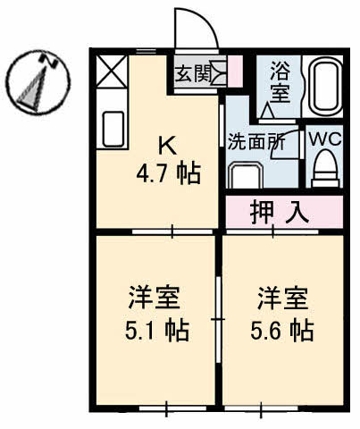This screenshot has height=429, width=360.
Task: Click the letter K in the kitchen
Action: [166, 142]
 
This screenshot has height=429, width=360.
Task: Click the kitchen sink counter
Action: [113, 129]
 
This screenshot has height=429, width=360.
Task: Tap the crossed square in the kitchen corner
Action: [111, 71]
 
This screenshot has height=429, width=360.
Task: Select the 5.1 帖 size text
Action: [157, 330]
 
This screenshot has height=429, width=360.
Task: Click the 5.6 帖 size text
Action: [282, 330]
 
